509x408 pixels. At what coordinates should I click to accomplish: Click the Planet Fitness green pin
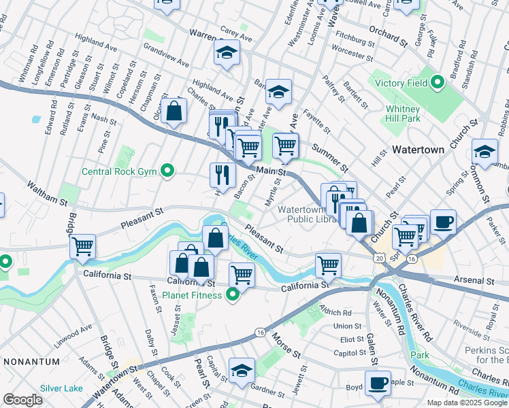pyautogui.click(x=233, y=295)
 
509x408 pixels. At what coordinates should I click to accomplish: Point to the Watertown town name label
pyautogui.click(x=418, y=149)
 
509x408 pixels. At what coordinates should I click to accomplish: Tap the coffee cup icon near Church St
pyautogui.click(x=443, y=222)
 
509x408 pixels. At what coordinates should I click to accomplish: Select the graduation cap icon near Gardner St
pyautogui.click(x=242, y=371)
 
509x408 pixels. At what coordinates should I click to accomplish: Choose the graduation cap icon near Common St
pyautogui.click(x=484, y=152)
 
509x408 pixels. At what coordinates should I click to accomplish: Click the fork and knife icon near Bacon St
pyautogui.click(x=222, y=175)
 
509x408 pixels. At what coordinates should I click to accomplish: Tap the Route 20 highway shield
pyautogui.click(x=379, y=258)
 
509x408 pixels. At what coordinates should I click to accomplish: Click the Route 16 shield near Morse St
pyautogui.click(x=260, y=332)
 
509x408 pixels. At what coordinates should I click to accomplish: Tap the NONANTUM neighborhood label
pyautogui.click(x=27, y=361)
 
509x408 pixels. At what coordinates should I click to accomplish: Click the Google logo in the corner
pyautogui.click(x=22, y=400)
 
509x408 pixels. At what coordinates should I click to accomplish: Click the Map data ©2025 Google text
pyautogui.click(x=466, y=403)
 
